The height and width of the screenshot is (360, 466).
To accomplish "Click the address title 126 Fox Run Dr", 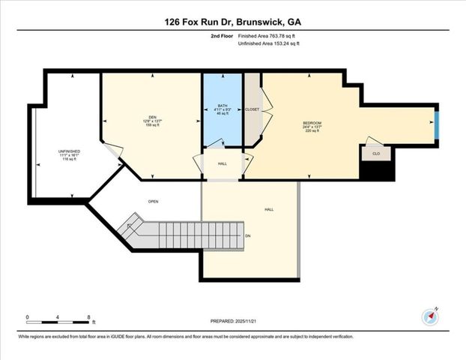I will (232, 22).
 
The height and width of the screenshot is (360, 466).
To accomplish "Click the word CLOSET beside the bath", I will (252, 109).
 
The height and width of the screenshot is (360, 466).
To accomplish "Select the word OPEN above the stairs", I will (153, 201).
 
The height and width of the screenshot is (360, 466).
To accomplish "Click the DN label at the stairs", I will (248, 235).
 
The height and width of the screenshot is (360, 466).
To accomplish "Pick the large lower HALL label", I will (269, 210).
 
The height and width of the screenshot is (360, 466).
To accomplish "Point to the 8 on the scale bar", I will (90, 317).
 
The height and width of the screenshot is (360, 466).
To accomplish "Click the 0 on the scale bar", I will (27, 317).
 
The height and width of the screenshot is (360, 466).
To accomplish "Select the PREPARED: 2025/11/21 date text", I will (232, 319).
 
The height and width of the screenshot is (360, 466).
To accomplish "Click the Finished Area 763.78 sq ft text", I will (268, 35).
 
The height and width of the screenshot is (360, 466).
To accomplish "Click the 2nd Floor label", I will (220, 35).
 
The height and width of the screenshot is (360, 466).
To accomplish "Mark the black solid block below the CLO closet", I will (377, 171).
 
